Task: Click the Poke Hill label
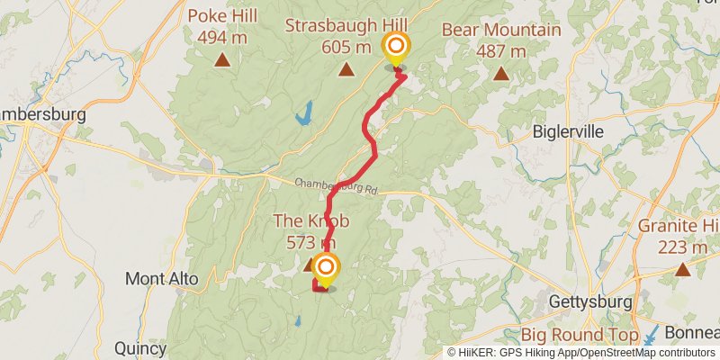[221, 16]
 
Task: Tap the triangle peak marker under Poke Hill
[221, 60]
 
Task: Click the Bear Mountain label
[501, 30]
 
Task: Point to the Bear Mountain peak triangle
[500, 74]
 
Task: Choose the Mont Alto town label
[162, 279]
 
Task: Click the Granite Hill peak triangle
[683, 268]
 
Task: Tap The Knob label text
[310, 221]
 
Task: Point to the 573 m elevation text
[310, 242]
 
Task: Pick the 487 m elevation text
[501, 51]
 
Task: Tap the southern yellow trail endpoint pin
[325, 268]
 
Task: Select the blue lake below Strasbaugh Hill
[303, 112]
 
